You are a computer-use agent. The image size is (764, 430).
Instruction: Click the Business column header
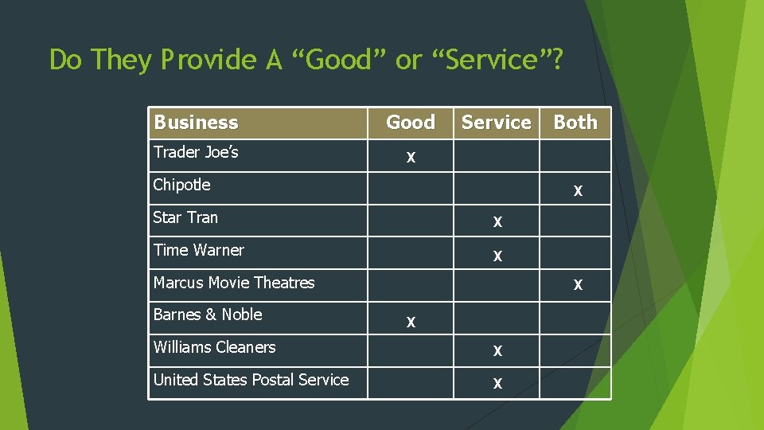tap(196, 123)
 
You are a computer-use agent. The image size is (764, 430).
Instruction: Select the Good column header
tap(410, 123)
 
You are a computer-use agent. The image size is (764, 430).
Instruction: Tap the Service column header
tap(496, 123)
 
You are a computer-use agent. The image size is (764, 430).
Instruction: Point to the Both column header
tap(575, 123)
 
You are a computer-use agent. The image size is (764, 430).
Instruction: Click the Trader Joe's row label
tap(196, 152)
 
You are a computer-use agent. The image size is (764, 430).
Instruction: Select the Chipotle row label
tap(181, 185)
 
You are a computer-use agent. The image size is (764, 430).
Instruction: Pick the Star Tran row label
tap(185, 217)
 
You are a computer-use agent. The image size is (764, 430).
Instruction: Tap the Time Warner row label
tap(198, 250)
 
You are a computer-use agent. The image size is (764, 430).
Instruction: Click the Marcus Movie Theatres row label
tap(234, 283)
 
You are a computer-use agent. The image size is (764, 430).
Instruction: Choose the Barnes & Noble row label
tap(208, 315)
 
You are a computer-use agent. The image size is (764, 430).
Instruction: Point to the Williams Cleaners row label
tap(214, 347)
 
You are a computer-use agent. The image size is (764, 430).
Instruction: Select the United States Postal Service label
tap(251, 380)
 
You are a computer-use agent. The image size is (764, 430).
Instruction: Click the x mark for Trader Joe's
tap(411, 158)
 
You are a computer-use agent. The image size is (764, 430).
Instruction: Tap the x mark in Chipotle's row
tap(578, 191)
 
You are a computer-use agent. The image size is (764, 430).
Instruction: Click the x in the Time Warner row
tap(497, 256)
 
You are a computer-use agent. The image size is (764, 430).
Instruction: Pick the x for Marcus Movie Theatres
tap(578, 284)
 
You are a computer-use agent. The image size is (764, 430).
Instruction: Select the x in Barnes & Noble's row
tap(411, 322)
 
